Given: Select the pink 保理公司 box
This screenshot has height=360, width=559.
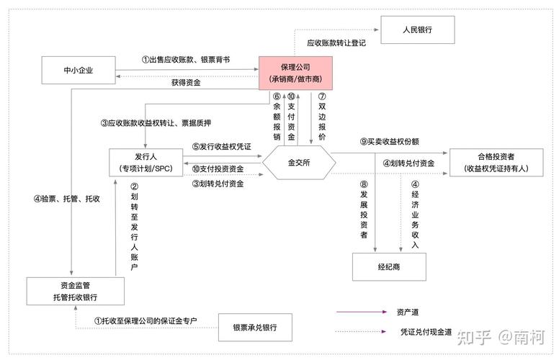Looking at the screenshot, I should coord(295,72).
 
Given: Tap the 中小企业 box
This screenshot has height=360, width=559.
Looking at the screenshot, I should coord(79,71).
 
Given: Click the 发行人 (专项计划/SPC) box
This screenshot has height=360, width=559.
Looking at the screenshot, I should coord(146,162).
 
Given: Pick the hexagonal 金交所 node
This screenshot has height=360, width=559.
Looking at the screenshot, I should coord(298,163).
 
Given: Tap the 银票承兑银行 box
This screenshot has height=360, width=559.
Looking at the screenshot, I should coord(257,328).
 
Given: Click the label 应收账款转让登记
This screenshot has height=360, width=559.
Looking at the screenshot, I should coord(336,43).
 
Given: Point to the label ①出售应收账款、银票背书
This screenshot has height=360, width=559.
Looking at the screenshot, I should coord(186,60).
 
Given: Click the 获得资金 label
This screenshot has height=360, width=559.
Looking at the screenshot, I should coord(186,83).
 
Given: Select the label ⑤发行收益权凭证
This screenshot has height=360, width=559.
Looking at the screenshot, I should coord(221,146).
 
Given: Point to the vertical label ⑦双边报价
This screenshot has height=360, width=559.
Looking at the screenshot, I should coord(322,116).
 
